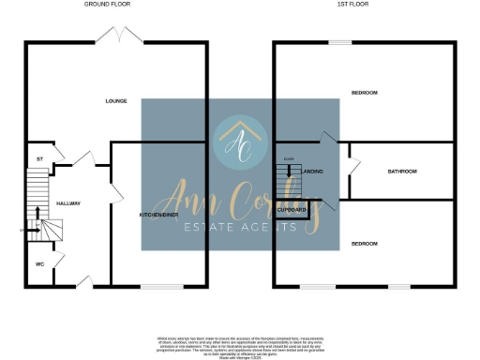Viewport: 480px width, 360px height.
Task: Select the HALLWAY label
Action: (68, 203)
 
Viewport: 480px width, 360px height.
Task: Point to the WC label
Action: (39, 263)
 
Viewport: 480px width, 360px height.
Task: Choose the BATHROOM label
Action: (402, 172)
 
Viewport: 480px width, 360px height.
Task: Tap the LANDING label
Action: (313, 172)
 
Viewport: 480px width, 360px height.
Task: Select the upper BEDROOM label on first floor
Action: (364, 93)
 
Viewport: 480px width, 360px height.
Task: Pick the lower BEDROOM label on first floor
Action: (364, 244)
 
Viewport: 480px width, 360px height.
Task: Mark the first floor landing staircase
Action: (288, 172)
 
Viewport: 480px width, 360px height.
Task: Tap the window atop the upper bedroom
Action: (339, 42)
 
